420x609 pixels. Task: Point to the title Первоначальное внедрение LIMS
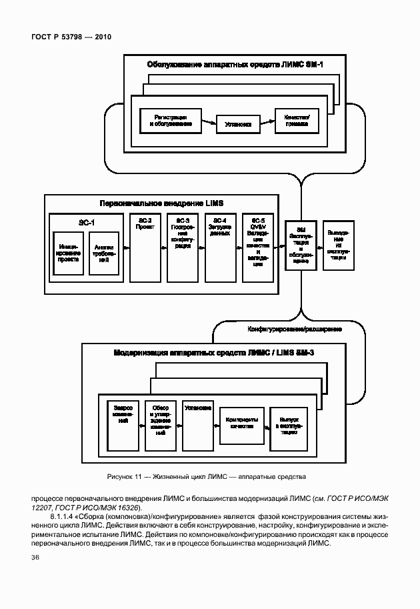pyautogui.click(x=161, y=202)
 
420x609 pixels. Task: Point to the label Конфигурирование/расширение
pyautogui.click(x=295, y=330)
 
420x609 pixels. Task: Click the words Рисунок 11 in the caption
pyautogui.click(x=125, y=476)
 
